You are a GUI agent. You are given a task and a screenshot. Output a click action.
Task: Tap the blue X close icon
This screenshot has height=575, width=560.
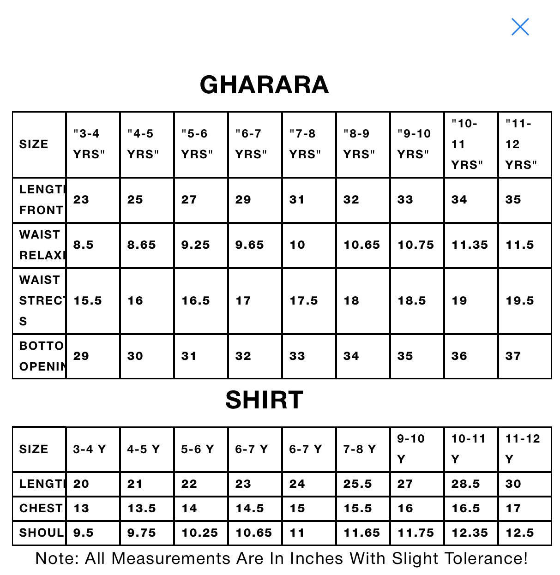click(x=520, y=27)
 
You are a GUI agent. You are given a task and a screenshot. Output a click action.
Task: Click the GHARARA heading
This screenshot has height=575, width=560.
click(x=264, y=84)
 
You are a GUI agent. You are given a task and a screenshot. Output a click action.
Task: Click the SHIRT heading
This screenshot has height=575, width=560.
click(x=264, y=400)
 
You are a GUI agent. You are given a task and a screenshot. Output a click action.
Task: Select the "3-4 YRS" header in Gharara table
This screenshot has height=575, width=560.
click(x=89, y=144)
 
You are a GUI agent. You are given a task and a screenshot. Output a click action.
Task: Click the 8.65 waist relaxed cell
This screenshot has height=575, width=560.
click(x=141, y=245)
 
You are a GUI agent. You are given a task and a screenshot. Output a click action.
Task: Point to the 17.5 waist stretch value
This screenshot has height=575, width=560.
click(x=303, y=301)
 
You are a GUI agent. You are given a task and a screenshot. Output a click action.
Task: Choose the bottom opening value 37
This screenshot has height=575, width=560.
click(x=513, y=356)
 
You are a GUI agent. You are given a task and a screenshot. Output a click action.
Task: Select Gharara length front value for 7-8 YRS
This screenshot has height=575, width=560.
click(x=297, y=200)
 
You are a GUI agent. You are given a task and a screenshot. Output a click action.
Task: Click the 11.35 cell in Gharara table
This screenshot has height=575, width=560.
click(x=470, y=245)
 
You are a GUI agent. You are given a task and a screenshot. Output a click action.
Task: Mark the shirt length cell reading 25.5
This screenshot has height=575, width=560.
click(x=357, y=484)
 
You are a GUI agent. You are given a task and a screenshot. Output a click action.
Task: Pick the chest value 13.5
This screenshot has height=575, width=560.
click(x=141, y=508)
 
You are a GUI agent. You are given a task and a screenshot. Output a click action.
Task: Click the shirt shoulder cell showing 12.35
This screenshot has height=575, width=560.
click(x=470, y=533)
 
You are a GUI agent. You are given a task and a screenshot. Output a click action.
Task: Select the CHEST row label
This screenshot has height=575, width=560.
click(x=41, y=508)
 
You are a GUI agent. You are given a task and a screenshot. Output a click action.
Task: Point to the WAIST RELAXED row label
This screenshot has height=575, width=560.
click(x=42, y=245)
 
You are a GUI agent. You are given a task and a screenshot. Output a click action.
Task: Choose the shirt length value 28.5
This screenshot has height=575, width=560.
click(x=465, y=484)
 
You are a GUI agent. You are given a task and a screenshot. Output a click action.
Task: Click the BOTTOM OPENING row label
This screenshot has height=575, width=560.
click(x=42, y=356)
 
